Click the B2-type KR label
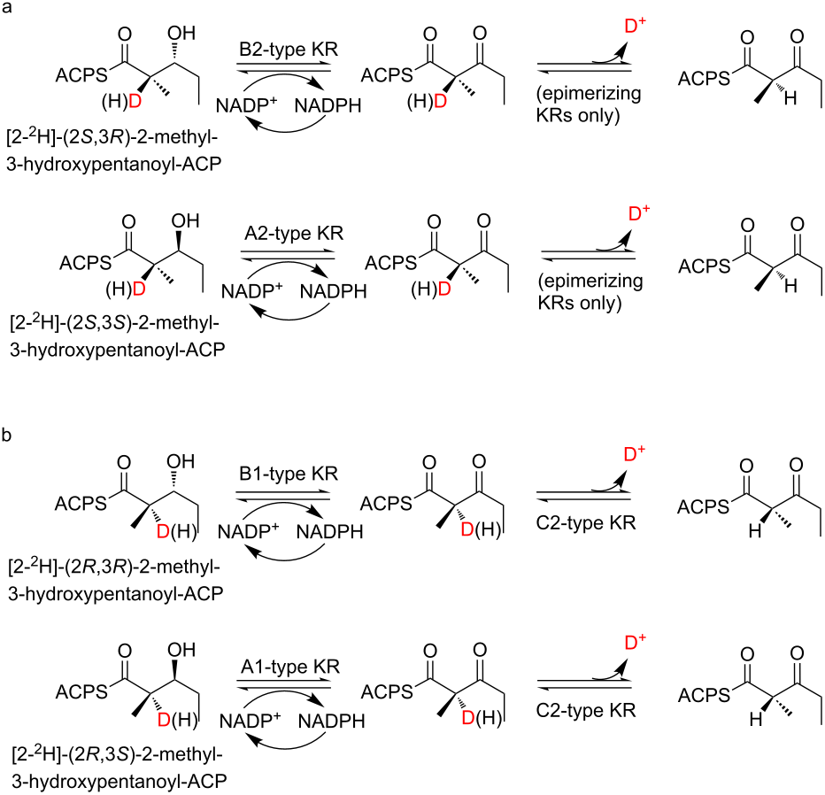pos(289,49)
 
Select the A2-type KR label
pos(294,233)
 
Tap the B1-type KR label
pos(289,474)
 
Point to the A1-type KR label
pos(290,667)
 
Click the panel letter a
pos(7,9)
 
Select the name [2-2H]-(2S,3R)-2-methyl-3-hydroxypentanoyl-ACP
pos(113,151)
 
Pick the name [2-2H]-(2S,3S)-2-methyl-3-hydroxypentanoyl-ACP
pos(117,336)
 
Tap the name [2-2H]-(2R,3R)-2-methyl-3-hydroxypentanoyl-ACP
pos(115,580)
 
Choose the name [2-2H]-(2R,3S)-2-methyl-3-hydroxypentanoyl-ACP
pos(119,768)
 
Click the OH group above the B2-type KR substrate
pos(181,33)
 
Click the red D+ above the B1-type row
pos(635,453)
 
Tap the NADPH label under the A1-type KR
pos(331,721)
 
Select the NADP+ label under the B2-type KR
pos(246,105)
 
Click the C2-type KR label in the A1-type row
pos(586,710)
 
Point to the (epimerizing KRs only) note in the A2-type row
pos(590,292)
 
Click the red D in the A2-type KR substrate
pos(139,289)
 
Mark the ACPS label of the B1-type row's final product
pos(704,507)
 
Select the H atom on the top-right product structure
pos(790,98)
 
